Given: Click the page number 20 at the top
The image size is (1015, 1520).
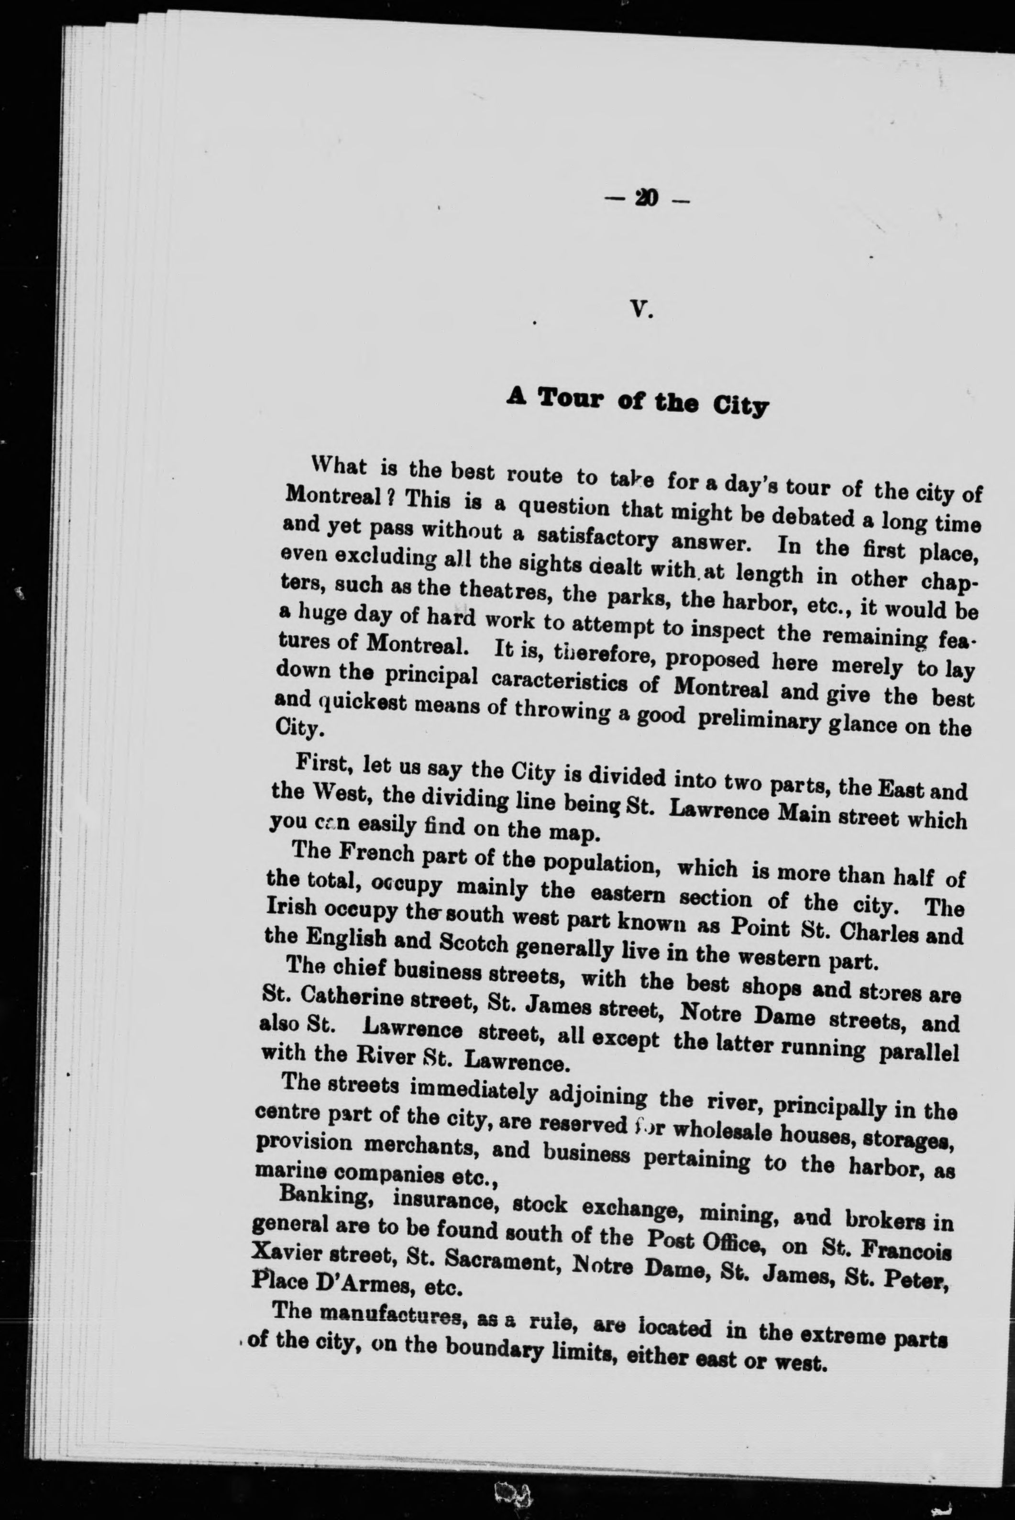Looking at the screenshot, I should [647, 199].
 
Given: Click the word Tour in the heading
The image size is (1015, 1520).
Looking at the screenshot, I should [568, 398].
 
